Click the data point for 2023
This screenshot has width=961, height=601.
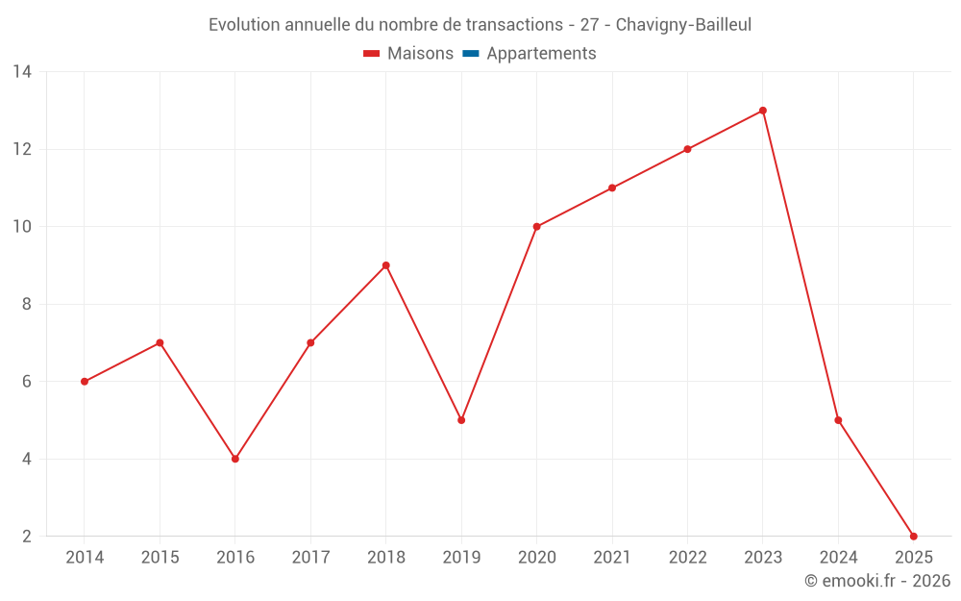click(763, 111)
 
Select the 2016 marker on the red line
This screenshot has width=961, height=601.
click(235, 459)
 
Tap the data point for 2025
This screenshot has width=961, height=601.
click(913, 537)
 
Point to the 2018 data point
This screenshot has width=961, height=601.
click(386, 265)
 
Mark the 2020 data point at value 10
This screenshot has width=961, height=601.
click(536, 227)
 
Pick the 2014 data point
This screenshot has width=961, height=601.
click(85, 382)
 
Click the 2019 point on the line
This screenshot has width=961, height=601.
click(461, 420)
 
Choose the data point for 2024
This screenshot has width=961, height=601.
click(838, 420)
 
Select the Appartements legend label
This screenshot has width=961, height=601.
click(541, 54)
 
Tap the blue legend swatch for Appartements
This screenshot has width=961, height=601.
click(471, 54)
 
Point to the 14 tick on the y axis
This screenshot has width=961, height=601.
click(22, 72)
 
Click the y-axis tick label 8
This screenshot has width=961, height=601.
click(27, 304)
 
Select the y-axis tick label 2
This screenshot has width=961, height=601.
click(27, 537)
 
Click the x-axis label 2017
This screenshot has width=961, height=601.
click(310, 558)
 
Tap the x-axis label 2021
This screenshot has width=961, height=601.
click(612, 558)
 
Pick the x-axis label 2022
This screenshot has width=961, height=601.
click(687, 558)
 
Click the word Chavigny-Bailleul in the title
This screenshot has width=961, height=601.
click(683, 24)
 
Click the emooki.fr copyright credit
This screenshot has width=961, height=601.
click(877, 581)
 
